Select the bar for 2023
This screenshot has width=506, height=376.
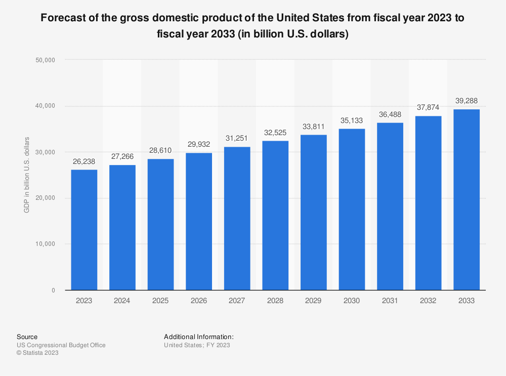[x=84, y=230]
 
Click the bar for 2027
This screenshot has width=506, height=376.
[x=237, y=219]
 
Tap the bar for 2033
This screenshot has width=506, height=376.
[x=466, y=200]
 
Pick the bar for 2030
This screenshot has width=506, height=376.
[x=352, y=210]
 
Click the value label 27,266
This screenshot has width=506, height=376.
[x=122, y=157]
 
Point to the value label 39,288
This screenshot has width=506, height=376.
[x=466, y=101]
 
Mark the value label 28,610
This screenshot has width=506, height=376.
[x=160, y=150]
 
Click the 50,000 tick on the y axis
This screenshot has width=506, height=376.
[x=46, y=60]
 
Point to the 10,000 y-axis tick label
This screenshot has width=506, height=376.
[x=46, y=244]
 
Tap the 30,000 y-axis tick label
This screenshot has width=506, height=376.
[x=46, y=152]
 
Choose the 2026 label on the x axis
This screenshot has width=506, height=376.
[x=199, y=301]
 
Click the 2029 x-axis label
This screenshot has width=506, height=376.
[x=313, y=301]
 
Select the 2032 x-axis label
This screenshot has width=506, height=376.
[x=428, y=301]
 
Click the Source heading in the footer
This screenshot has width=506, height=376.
[x=27, y=337]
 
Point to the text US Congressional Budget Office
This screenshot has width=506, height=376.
[x=61, y=345]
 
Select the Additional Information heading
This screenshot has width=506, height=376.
[x=198, y=337]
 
